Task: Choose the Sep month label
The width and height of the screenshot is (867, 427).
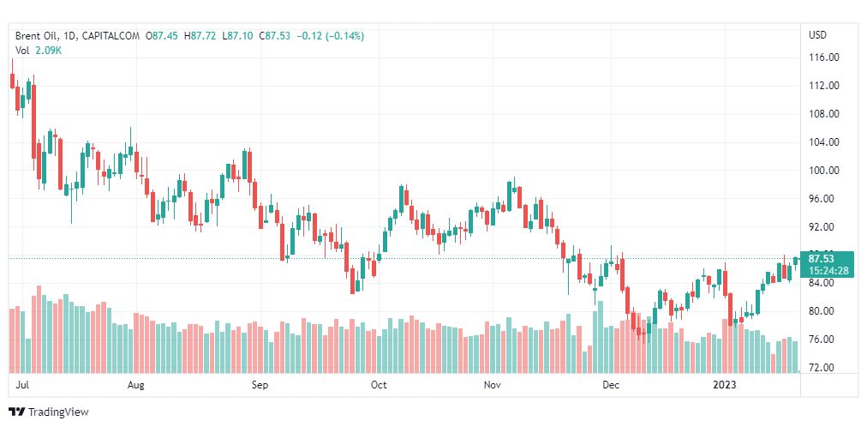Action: tap(260, 385)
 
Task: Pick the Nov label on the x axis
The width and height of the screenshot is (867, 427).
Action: tap(492, 385)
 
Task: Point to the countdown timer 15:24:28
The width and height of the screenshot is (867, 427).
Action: tap(828, 270)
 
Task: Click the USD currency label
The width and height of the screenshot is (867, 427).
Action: tap(817, 35)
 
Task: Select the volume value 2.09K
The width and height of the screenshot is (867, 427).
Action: tap(49, 51)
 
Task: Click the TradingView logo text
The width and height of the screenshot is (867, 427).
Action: tap(57, 412)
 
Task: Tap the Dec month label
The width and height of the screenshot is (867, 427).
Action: tap(610, 385)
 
